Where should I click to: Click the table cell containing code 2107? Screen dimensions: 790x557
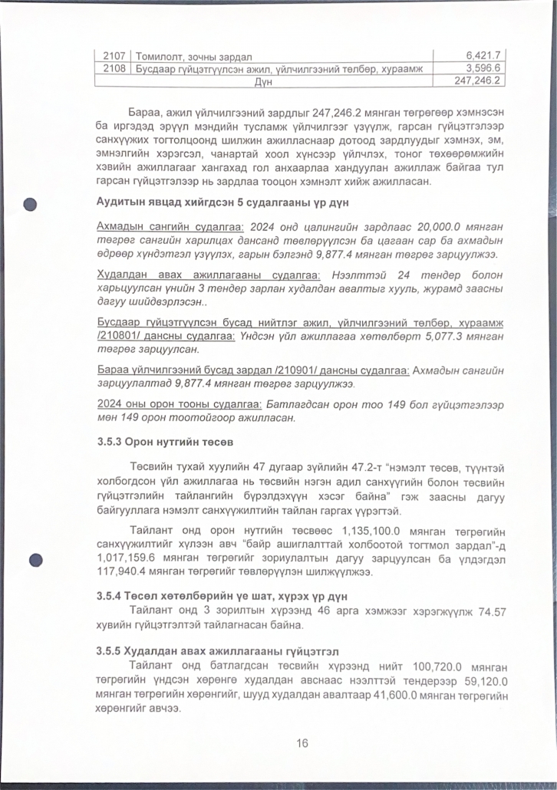[x=114, y=56]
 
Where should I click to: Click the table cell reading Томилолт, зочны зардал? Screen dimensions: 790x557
[x=194, y=56]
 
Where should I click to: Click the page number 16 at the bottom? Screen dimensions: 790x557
[x=302, y=743]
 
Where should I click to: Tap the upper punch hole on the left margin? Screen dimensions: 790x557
[x=31, y=205]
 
